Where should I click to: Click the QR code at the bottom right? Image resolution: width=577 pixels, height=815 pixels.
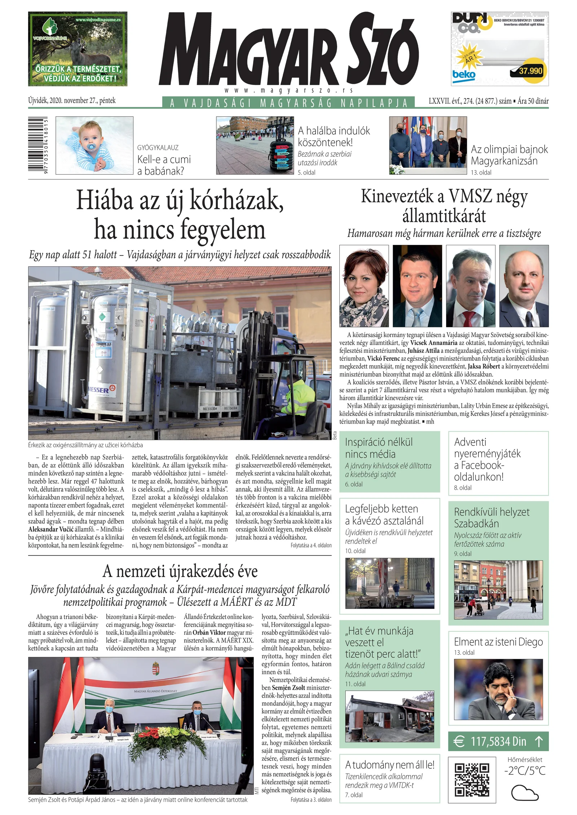[x=471, y=779]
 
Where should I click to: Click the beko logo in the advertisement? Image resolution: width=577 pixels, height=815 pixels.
[x=464, y=75]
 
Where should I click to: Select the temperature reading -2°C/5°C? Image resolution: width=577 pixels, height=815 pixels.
[x=525, y=770]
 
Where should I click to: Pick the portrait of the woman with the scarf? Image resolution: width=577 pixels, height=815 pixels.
[x=364, y=286]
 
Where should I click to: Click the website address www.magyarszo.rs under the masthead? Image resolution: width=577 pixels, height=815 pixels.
[x=288, y=91]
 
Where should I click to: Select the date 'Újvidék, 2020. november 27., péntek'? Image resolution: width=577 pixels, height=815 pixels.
[x=72, y=100]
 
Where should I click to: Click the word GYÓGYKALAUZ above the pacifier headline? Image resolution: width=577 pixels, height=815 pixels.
[x=158, y=148]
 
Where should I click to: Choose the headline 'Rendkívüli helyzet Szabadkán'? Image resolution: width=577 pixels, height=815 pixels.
[x=492, y=518]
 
